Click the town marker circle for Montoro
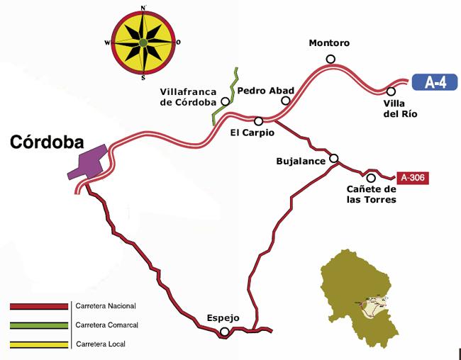[330, 59]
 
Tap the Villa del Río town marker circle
[391, 91]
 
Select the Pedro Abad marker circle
[286, 101]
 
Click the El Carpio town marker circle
[258, 120]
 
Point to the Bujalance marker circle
[333, 159]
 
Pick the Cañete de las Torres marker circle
[370, 177]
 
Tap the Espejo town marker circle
[224, 332]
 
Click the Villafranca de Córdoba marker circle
[225, 101]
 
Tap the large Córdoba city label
[47, 142]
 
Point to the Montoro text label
[329, 43]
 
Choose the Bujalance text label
[300, 162]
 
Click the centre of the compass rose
[143, 43]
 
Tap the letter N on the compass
[144, 8]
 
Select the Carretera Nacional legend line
[38, 307]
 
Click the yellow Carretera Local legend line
[38, 345]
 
